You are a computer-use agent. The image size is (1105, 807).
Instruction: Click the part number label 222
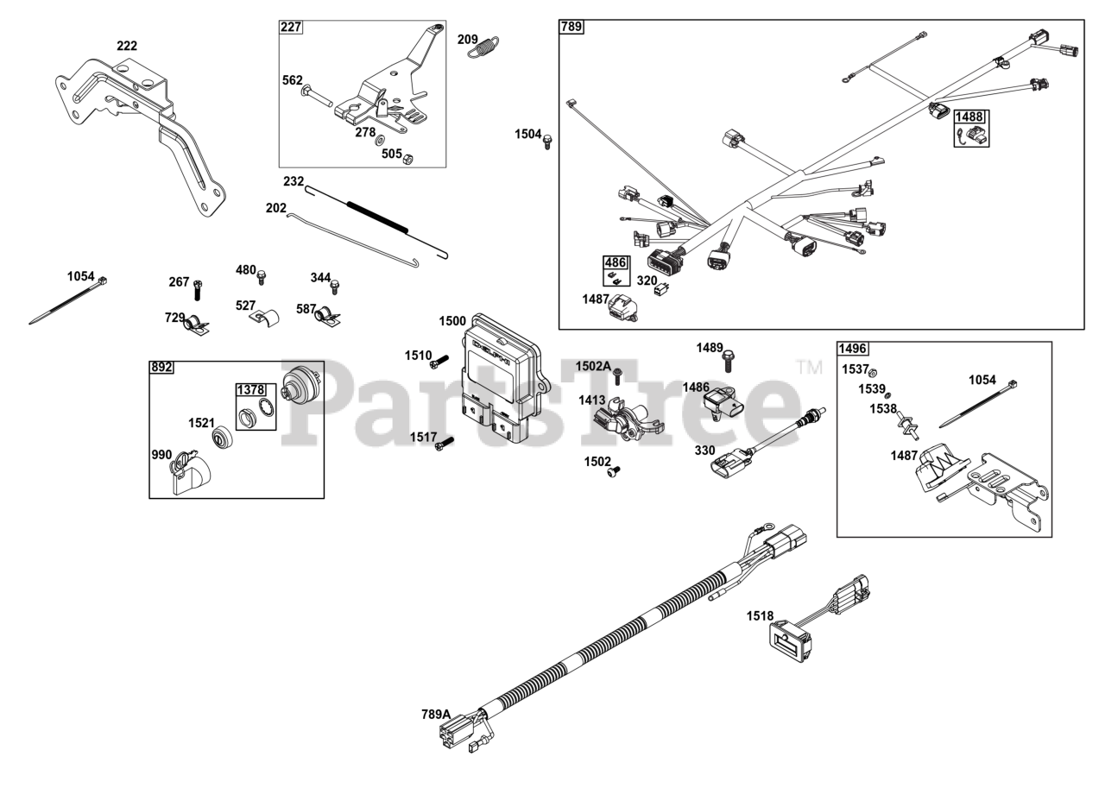127,46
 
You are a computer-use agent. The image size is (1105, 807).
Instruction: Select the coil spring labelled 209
483,47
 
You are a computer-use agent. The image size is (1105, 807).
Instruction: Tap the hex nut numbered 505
408,159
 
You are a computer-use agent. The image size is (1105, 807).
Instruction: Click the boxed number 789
571,27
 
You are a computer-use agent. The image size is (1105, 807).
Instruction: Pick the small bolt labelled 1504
547,142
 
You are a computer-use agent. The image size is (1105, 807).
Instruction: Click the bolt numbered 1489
728,361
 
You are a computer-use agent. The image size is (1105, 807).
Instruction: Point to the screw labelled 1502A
617,378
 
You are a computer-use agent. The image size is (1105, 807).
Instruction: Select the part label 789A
436,714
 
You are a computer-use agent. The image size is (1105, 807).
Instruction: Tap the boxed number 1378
250,389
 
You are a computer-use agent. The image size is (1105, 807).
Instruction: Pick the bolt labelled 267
198,290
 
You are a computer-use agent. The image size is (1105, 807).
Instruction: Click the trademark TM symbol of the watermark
809,368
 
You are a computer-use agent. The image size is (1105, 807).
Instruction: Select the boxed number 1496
852,349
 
